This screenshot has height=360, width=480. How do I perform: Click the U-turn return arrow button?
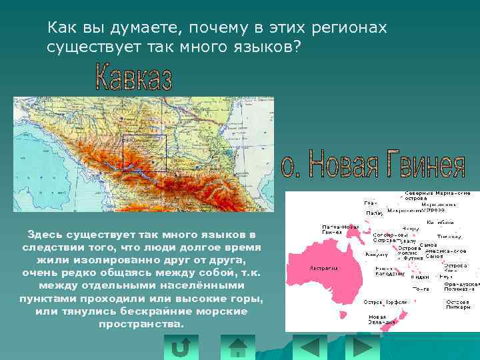point(180,347)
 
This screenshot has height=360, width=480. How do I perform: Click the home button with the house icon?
point(237,347)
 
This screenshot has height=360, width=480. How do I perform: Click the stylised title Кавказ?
point(134,77)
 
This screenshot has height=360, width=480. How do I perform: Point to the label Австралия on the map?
point(323,268)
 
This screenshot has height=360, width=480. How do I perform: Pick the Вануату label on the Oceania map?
point(377,254)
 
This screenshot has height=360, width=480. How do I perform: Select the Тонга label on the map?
point(421,289)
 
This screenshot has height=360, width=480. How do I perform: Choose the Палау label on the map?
point(373,213)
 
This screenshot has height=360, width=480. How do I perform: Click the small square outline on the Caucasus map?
point(144,153)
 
